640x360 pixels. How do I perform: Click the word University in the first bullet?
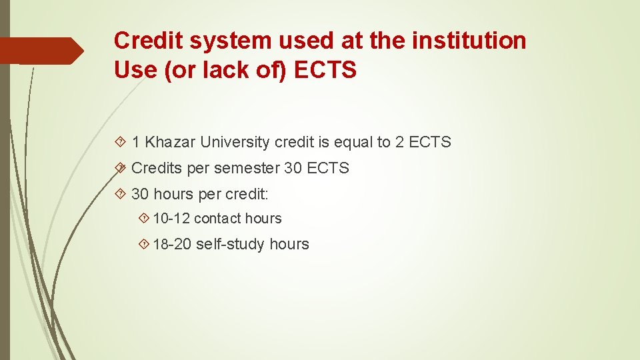(x=233, y=142)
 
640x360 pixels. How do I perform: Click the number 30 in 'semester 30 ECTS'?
(x=293, y=168)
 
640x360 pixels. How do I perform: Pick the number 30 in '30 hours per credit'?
(x=140, y=194)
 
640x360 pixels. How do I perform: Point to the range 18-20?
(x=172, y=245)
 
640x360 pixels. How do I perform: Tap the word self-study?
(x=231, y=245)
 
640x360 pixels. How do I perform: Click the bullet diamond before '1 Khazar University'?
(x=121, y=142)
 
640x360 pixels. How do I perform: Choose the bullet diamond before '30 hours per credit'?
(x=121, y=194)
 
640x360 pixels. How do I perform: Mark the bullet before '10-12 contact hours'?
(x=145, y=219)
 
